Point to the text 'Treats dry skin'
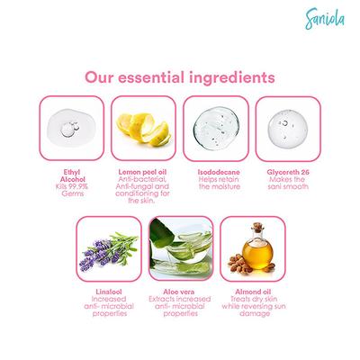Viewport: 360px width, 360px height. point(253,301)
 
